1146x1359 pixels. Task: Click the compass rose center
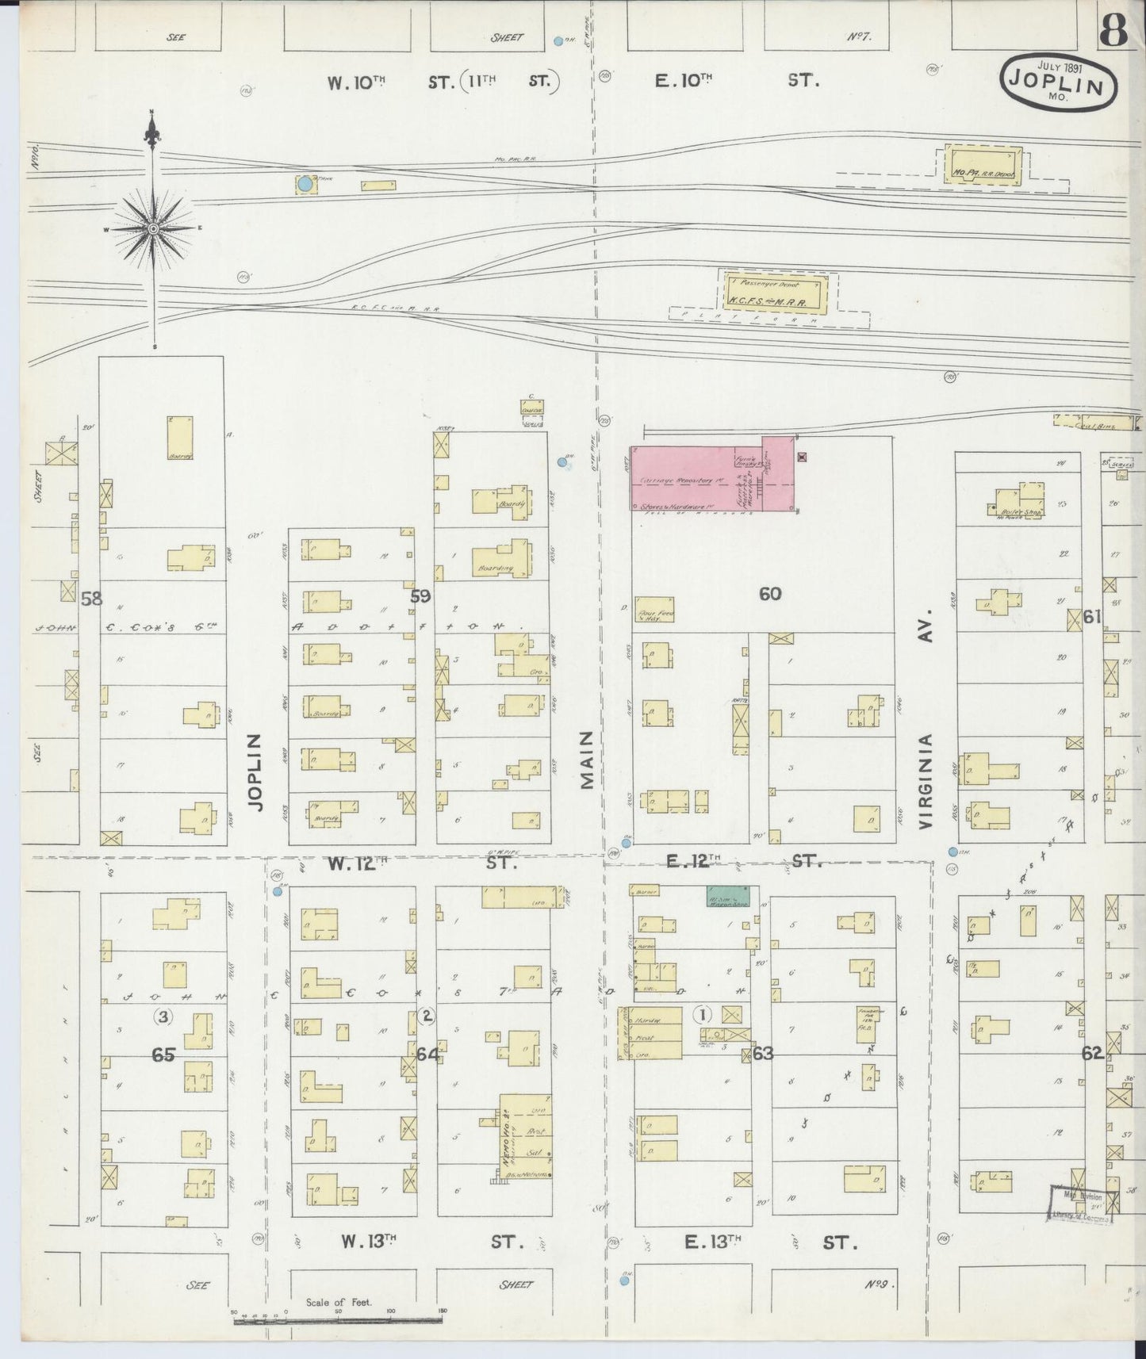tap(152, 228)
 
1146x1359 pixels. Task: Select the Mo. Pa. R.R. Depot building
tap(982, 167)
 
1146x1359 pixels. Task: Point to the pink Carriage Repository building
tap(712, 473)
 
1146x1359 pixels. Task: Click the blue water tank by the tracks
tap(304, 185)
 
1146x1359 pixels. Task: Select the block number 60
tap(770, 593)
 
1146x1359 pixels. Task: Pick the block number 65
tap(163, 1055)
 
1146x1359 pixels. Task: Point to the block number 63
tap(763, 1054)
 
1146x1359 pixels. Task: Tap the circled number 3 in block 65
tap(163, 1016)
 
